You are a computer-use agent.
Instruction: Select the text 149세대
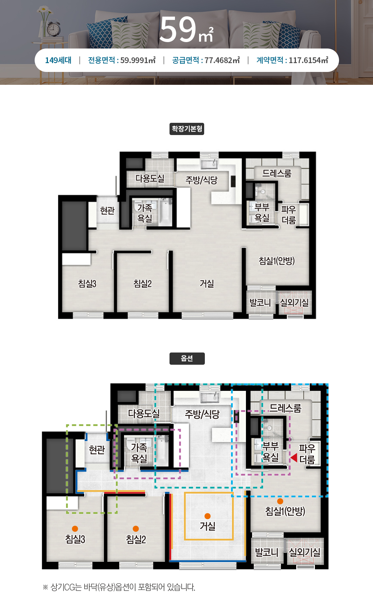click(x=58, y=60)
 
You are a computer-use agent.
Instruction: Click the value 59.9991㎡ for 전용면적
click(x=138, y=60)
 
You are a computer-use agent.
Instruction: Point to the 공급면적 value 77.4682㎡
click(x=222, y=60)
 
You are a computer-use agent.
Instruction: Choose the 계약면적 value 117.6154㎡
click(x=308, y=60)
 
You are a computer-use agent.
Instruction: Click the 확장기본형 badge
click(x=187, y=129)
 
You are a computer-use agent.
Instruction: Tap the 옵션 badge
click(x=187, y=359)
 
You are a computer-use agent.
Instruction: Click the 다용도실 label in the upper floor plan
click(x=150, y=178)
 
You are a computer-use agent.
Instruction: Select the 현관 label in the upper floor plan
click(x=107, y=211)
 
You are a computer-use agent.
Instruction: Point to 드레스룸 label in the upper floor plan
click(x=277, y=173)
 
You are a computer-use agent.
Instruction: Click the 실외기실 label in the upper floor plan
click(x=294, y=302)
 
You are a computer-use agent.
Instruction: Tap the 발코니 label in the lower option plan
click(x=267, y=552)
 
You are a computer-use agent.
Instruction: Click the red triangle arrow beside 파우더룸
click(x=294, y=458)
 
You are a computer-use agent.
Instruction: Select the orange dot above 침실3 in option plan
click(x=75, y=529)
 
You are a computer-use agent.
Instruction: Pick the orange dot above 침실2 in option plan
click(x=136, y=529)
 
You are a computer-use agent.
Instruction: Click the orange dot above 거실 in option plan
click(x=208, y=516)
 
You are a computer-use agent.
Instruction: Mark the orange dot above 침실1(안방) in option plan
click(x=280, y=501)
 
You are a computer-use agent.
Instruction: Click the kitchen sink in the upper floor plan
click(x=209, y=164)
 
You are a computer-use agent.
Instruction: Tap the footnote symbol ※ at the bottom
click(x=46, y=587)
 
